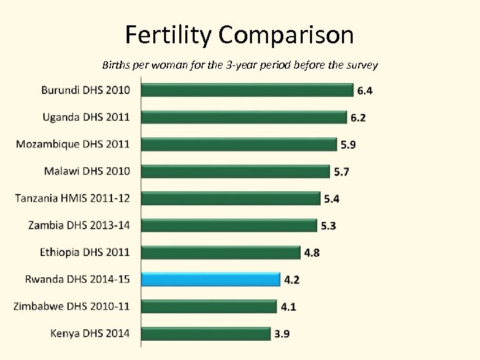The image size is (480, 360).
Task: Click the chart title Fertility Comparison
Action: click(239, 35)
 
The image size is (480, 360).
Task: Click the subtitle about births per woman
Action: click(240, 65)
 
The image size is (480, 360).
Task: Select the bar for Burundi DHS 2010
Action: click(247, 89)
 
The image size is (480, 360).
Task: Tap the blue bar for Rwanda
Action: click(210, 279)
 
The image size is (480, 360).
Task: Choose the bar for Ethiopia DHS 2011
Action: click(221, 252)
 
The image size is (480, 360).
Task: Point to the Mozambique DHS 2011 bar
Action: click(239, 143)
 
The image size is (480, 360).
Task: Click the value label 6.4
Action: click(366, 91)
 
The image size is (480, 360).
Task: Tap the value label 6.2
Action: click(358, 118)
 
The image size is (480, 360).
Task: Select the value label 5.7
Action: click(341, 172)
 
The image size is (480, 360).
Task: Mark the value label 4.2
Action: click(291, 280)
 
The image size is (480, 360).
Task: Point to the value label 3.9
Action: click(283, 334)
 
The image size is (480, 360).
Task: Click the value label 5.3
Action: click(328, 226)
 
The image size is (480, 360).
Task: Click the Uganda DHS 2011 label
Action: click(86, 117)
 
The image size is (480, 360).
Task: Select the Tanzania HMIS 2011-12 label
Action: click(73, 198)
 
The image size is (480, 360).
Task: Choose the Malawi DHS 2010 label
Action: click(87, 171)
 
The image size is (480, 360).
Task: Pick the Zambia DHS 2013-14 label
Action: click(79, 225)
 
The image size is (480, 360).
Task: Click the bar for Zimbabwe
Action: click(209, 306)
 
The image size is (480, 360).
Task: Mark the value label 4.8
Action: click(312, 253)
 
